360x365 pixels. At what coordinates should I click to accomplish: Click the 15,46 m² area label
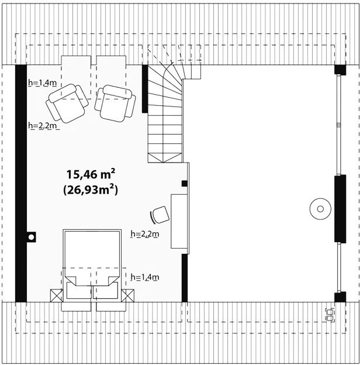tap(91, 174)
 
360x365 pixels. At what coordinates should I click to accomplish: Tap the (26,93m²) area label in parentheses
tap(91, 190)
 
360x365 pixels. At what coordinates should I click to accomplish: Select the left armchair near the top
tap(67, 103)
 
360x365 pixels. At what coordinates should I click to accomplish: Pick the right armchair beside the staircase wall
tap(115, 103)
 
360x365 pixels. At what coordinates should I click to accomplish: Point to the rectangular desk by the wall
tap(179, 221)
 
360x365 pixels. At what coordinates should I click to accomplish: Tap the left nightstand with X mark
tap(57, 295)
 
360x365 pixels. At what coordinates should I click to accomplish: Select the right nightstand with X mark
tap(127, 295)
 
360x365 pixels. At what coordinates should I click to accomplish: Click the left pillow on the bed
tap(79, 290)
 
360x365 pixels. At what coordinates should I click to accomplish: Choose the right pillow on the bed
tap(105, 290)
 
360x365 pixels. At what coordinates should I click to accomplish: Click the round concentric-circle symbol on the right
tap(320, 209)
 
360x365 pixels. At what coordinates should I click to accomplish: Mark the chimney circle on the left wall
tap(31, 237)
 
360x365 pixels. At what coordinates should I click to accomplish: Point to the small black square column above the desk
tap(185, 184)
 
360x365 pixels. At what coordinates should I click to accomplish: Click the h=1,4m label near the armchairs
tap(42, 82)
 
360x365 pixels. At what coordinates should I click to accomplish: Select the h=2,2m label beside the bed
tap(145, 234)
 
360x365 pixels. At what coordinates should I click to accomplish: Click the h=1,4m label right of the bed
tap(145, 277)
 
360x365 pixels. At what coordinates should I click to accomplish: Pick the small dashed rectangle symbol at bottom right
tap(330, 315)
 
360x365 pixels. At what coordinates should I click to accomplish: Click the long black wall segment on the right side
tap(340, 209)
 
